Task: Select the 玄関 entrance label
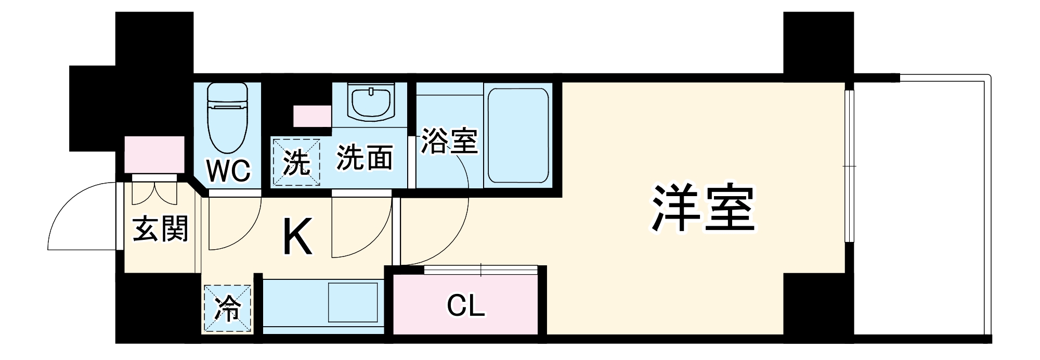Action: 160,229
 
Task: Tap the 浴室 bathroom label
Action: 449,141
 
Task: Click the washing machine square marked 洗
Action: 297,161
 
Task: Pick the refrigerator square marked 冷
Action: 228,308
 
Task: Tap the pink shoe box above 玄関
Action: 154,154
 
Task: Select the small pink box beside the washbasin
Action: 312,116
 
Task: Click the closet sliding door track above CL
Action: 480,269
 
